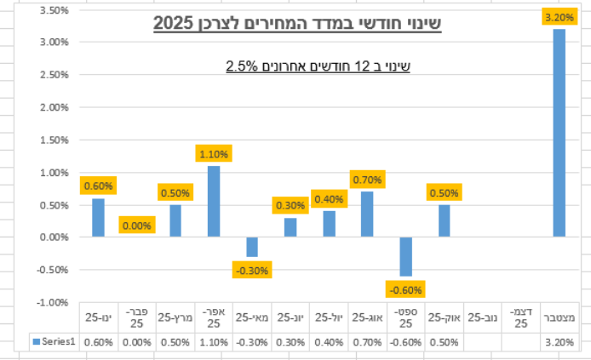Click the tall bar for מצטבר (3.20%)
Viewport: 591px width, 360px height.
(559, 133)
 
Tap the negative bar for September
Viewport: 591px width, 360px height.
(405, 256)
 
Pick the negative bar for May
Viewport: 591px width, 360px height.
(252, 247)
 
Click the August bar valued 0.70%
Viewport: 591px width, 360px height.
(367, 214)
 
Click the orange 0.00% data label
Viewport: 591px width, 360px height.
(136, 226)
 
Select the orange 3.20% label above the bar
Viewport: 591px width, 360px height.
(559, 16)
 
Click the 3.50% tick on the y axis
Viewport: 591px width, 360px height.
(55, 10)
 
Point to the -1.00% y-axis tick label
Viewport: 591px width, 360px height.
(53, 302)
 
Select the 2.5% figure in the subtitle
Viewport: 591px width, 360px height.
(242, 66)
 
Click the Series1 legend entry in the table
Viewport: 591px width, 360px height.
(55, 341)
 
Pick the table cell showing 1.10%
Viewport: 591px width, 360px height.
(214, 341)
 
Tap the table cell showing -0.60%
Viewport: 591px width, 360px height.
(405, 341)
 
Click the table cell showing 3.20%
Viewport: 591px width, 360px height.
(559, 341)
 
